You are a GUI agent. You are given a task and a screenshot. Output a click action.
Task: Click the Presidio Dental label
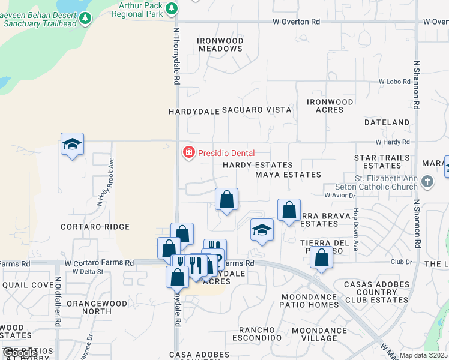pyautogui.click(x=226, y=153)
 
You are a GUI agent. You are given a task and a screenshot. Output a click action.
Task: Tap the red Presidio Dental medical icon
pyautogui.click(x=188, y=153)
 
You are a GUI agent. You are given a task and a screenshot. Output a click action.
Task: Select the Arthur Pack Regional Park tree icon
pyautogui.click(x=172, y=8)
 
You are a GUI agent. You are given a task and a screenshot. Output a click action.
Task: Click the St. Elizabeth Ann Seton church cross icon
pyautogui.click(x=427, y=181)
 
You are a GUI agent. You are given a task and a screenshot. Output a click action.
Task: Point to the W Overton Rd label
pyautogui.click(x=296, y=22)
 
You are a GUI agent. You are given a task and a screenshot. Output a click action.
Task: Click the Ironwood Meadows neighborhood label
pyautogui.click(x=220, y=44)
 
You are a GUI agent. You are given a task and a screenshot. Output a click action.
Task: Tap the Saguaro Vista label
pyautogui.click(x=257, y=110)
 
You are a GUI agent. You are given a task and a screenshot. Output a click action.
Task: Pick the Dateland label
pyautogui.click(x=387, y=122)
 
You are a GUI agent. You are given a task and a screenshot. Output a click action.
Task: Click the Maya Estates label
pyautogui.click(x=288, y=175)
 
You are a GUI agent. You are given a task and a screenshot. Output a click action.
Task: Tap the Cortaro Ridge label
pyautogui.click(x=95, y=227)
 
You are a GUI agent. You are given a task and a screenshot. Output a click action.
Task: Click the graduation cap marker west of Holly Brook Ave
pyautogui.click(x=72, y=145)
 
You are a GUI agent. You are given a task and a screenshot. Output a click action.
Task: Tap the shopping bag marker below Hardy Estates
pyautogui.click(x=226, y=199)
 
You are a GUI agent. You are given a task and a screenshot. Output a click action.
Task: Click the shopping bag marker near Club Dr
pyautogui.click(x=322, y=258)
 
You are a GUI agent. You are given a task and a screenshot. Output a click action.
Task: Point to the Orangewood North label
pyautogui.click(x=97, y=307)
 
